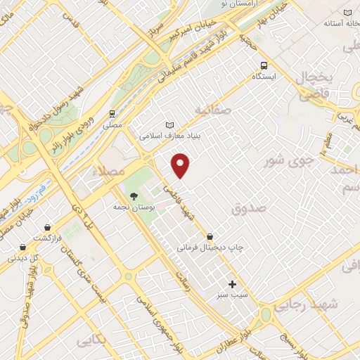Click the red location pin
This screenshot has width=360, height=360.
point(181,165)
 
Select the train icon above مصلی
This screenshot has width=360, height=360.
point(112,114)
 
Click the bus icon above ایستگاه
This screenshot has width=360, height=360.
point(264,63)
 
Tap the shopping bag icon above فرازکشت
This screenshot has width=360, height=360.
point(47,227)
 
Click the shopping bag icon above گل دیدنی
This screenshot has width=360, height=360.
point(24,247)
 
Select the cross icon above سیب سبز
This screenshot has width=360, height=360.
point(233,284)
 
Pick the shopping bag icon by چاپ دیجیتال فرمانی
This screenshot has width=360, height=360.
point(210,236)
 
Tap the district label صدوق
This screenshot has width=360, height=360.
point(249,208)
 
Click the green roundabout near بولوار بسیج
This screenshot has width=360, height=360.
point(266,314)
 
